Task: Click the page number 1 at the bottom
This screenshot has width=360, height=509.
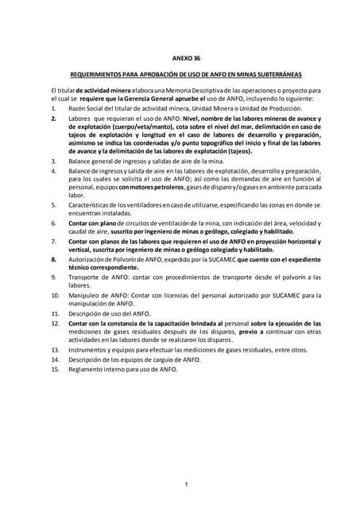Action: (185, 463)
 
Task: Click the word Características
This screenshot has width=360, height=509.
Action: (94, 204)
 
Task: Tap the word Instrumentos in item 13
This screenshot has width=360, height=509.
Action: (91, 350)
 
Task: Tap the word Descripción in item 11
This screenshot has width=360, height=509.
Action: (89, 314)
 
